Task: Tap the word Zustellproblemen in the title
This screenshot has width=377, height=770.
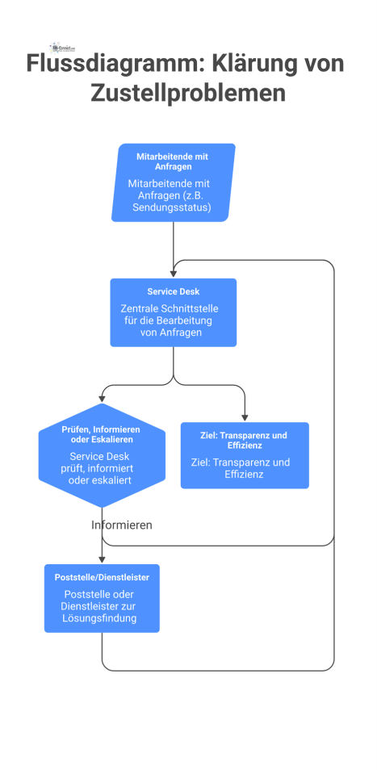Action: (188, 93)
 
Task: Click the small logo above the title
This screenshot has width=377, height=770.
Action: (63, 47)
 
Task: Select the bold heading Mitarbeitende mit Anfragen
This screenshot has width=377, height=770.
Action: (174, 161)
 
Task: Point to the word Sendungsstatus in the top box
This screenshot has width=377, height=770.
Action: (173, 207)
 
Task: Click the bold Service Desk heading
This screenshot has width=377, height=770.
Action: (173, 291)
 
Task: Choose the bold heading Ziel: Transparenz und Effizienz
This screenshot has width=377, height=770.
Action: (245, 440)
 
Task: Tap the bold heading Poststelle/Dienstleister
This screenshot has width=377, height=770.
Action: (102, 577)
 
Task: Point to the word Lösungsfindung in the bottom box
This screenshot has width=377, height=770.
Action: (102, 618)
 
